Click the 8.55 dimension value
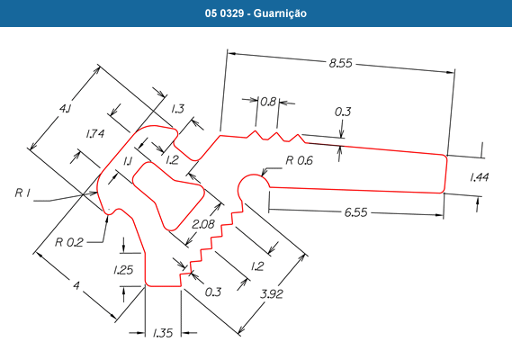click(x=340, y=63)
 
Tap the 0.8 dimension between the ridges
click(x=268, y=102)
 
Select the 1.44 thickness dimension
click(x=479, y=177)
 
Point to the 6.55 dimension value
click(x=356, y=212)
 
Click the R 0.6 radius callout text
click(x=299, y=160)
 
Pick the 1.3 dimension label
click(x=177, y=109)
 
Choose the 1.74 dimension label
click(x=95, y=133)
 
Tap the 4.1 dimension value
click(x=65, y=109)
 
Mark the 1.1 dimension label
click(x=128, y=161)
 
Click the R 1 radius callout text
click(x=22, y=193)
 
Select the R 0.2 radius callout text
click(x=69, y=242)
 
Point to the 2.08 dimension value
click(x=203, y=224)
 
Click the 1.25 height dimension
click(x=123, y=270)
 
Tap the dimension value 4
click(x=76, y=286)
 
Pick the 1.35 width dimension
click(x=163, y=333)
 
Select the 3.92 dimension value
click(x=272, y=294)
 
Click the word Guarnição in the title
click(x=280, y=13)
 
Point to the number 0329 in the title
click(x=232, y=13)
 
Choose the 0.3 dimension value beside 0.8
click(x=343, y=112)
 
